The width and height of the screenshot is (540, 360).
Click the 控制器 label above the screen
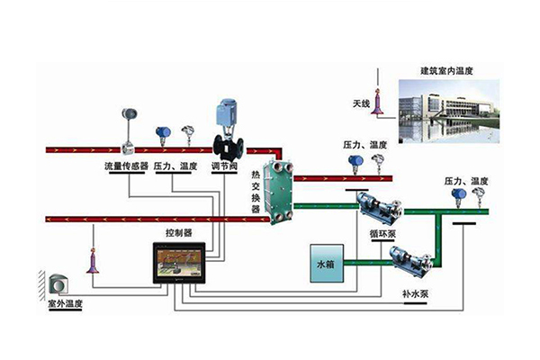(178, 232)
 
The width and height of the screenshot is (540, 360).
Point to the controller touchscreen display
(180, 262)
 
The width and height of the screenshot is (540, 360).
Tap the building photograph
(446, 109)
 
